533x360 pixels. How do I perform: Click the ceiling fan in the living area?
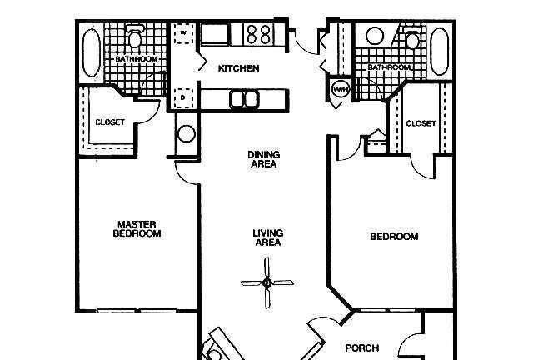(x=266, y=282)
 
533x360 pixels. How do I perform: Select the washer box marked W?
(x=184, y=33)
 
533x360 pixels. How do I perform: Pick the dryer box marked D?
(x=183, y=98)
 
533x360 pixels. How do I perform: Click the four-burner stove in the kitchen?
(x=259, y=34)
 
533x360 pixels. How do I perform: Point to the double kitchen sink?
(x=244, y=99)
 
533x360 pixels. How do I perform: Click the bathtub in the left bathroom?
(x=92, y=52)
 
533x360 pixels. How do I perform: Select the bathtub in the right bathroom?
(x=440, y=52)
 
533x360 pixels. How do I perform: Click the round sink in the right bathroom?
(x=375, y=35)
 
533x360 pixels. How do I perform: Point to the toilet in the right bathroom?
(x=413, y=38)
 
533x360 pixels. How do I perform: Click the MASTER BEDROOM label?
(x=137, y=229)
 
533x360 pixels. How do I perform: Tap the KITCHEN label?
(x=239, y=68)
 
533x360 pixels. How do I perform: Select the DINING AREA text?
(x=264, y=159)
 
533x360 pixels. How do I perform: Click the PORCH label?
(x=362, y=347)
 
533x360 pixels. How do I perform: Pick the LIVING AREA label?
(x=268, y=237)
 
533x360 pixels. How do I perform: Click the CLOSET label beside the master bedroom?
(x=110, y=122)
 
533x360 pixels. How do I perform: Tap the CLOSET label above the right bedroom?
(x=421, y=123)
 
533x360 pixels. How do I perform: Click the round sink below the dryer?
(x=187, y=133)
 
